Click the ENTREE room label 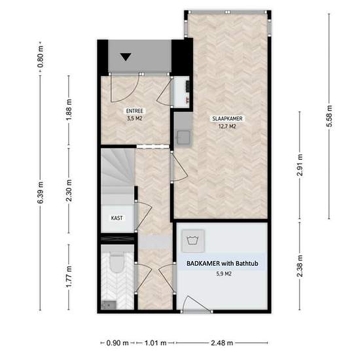tap(135, 111)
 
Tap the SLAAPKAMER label tap(227, 118)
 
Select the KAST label tap(117, 218)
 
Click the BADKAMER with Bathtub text tap(223, 263)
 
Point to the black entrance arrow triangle tap(126, 57)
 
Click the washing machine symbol tap(193, 241)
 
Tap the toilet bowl tap(117, 262)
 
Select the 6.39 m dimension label tap(40, 192)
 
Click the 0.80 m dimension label tap(40, 57)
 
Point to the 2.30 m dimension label tap(69, 190)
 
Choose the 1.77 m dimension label tap(69, 277)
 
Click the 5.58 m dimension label tap(329, 116)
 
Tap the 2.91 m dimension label tap(300, 166)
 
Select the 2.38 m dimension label tap(300, 266)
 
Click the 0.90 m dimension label tap(117, 343)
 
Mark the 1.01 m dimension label tap(155, 343)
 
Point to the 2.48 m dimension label tap(222, 343)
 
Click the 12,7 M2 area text tap(227, 126)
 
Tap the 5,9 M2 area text tap(224, 274)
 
